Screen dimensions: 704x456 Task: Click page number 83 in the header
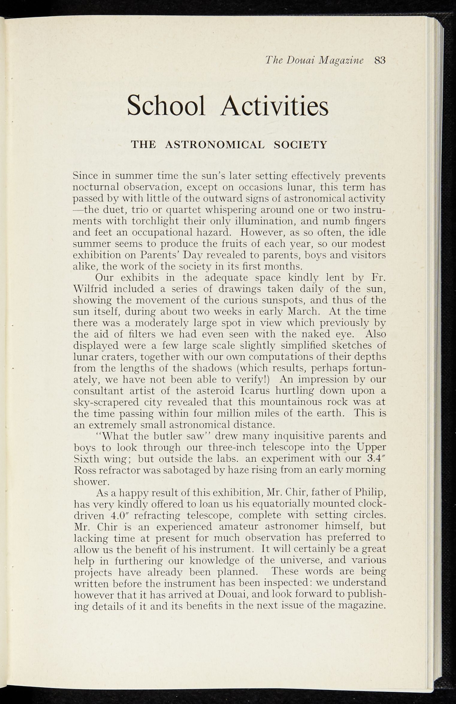coord(380,60)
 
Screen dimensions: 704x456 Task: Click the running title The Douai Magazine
coord(314,60)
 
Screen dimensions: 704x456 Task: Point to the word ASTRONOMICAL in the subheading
coord(215,145)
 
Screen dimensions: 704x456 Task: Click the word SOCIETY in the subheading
coord(300,145)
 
